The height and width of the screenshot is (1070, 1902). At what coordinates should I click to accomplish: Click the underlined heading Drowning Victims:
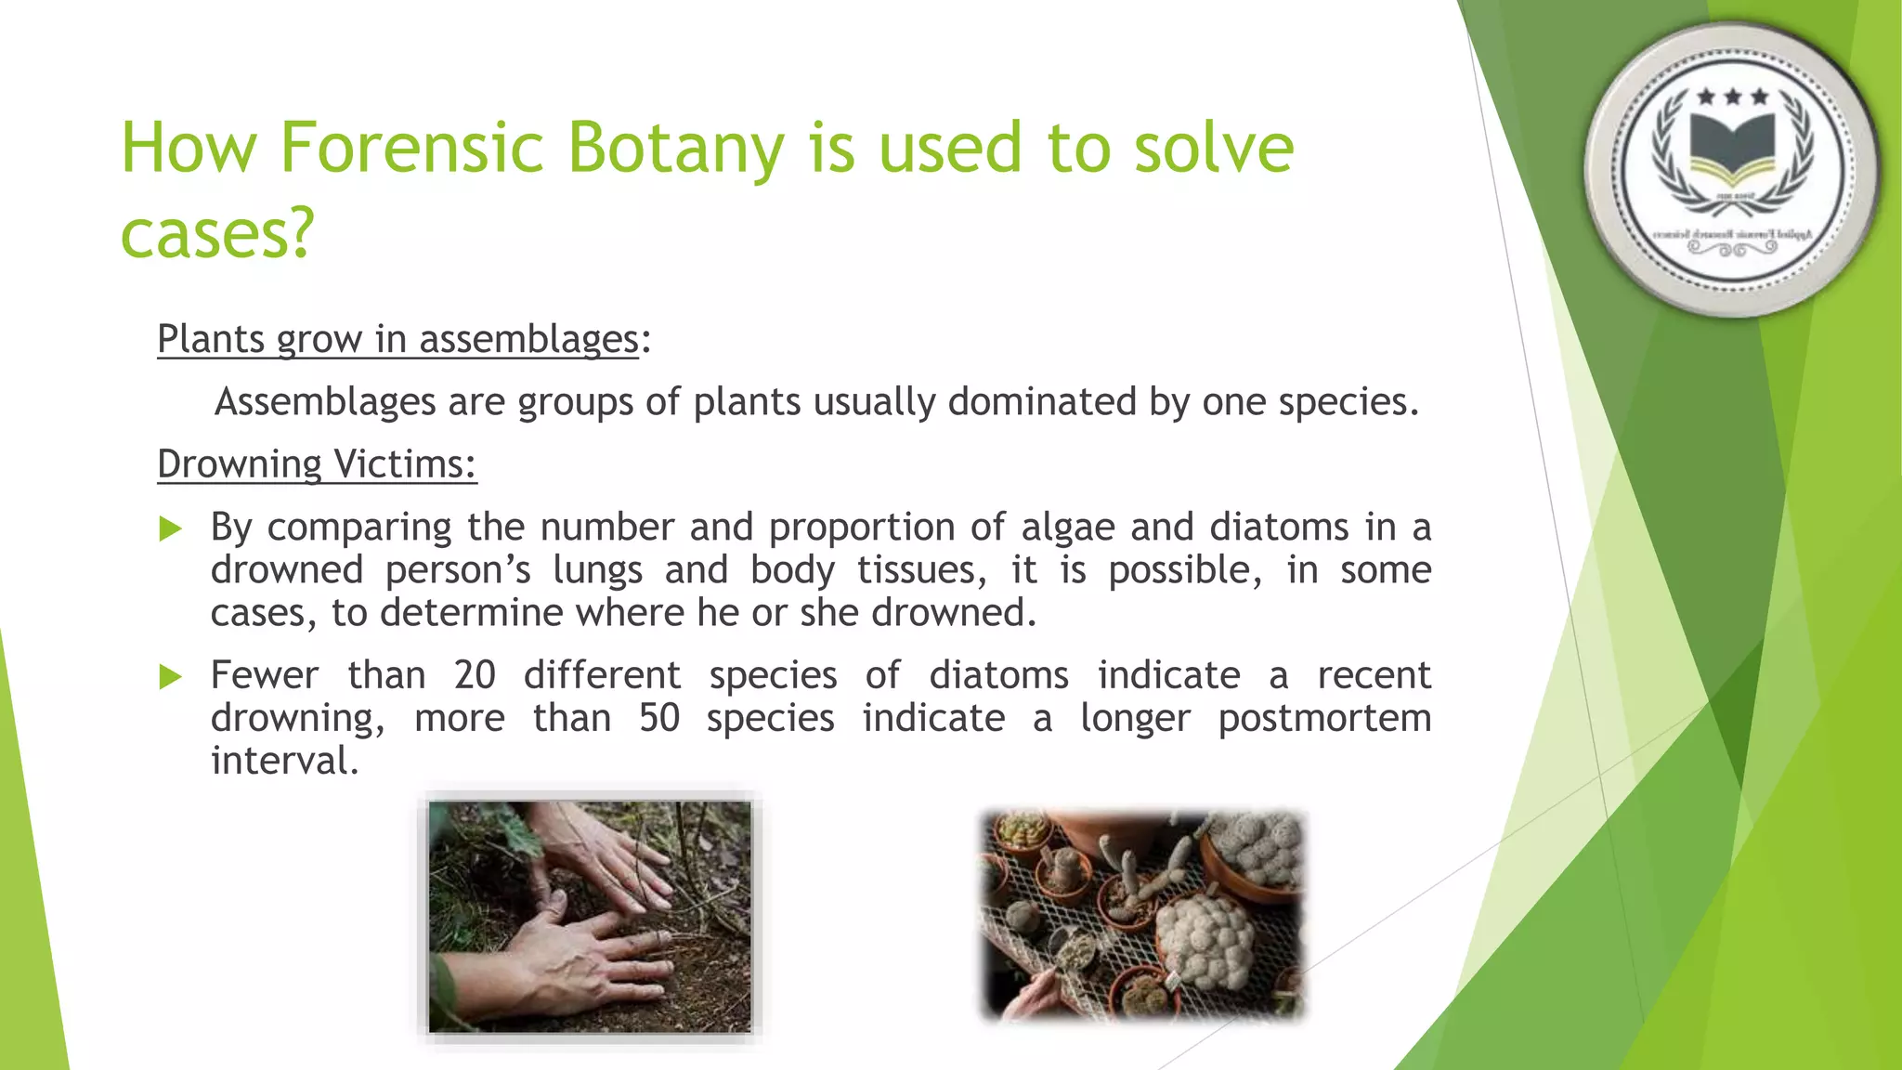coord(317,463)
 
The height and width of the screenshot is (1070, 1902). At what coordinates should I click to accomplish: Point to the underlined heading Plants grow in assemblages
coord(397,338)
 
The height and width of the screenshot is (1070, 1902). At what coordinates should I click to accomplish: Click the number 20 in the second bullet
coord(475,674)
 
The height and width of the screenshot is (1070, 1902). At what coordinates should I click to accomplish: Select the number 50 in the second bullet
coord(659,718)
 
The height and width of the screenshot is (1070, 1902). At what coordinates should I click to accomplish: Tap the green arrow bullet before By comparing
coord(170,529)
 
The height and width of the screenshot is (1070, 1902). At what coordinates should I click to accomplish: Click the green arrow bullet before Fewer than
coord(170,677)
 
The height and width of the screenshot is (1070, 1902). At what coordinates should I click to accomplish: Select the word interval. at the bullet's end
coord(284,761)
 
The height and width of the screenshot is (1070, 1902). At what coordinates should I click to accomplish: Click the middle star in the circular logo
coord(1733,97)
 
